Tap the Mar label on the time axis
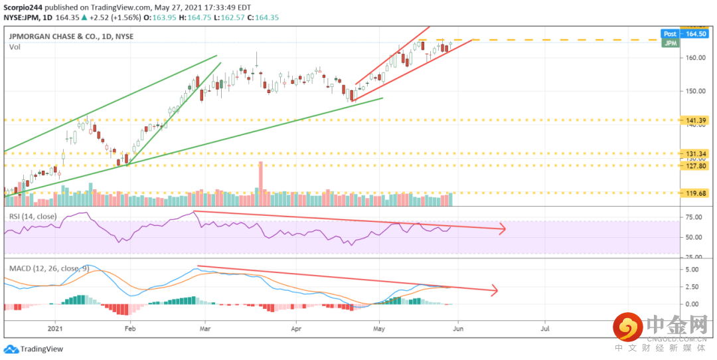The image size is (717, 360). (x=205, y=328)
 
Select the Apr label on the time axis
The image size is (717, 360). (x=296, y=328)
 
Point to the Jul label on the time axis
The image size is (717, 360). (x=545, y=328)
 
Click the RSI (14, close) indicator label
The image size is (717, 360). (x=33, y=217)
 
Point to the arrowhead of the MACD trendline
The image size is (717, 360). (x=494, y=290)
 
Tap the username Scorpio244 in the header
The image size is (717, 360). (x=22, y=7)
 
